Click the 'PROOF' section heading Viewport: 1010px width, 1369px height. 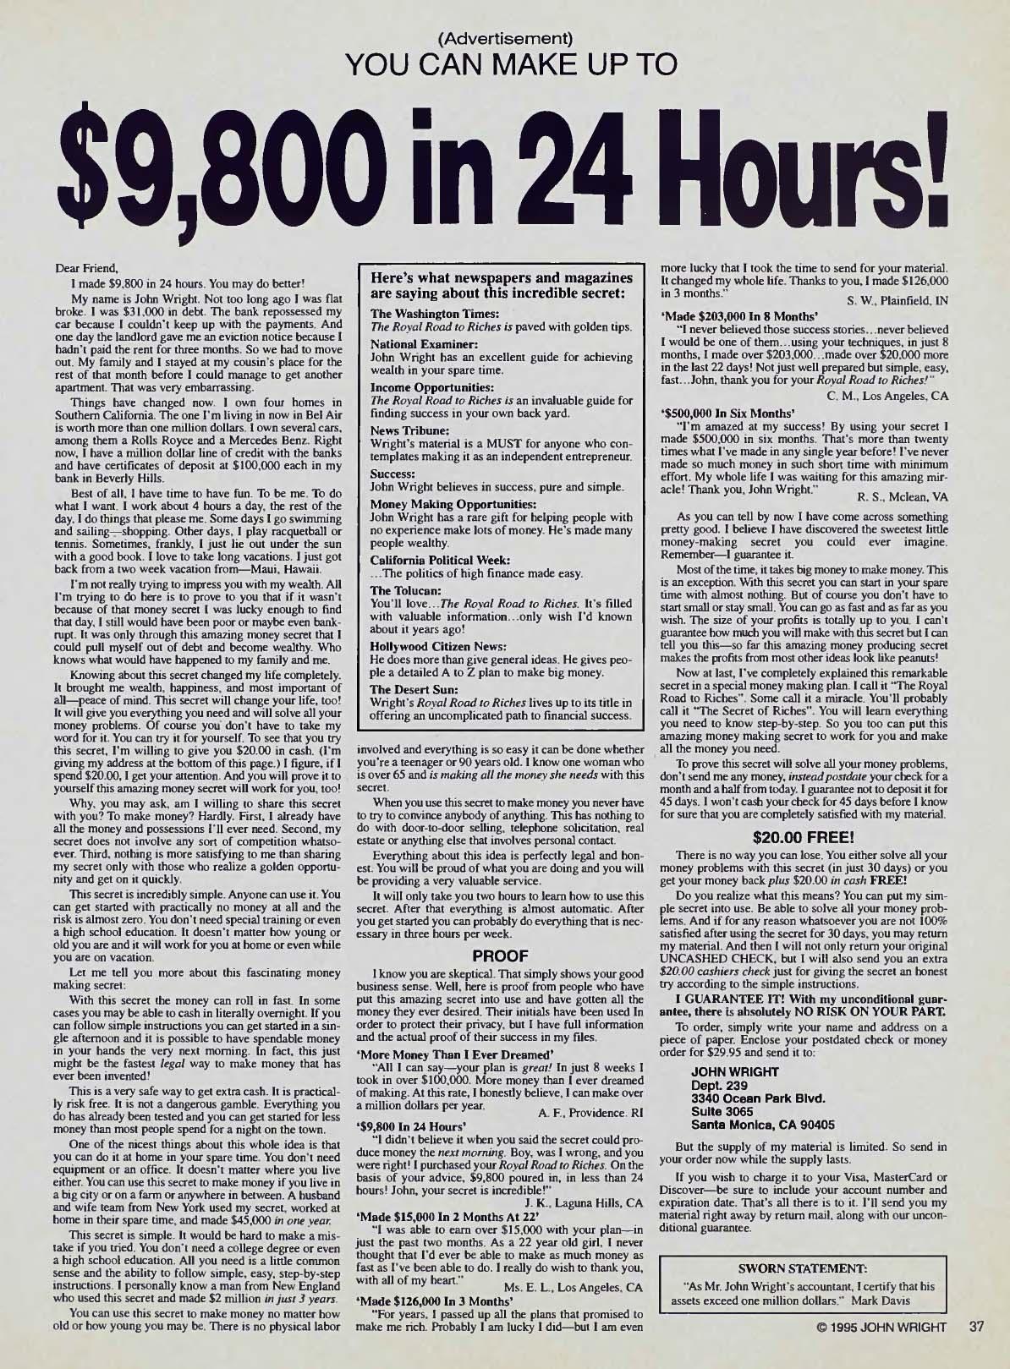(499, 956)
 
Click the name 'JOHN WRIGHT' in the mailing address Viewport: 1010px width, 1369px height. (735, 1072)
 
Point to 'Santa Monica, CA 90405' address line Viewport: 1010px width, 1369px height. (763, 1125)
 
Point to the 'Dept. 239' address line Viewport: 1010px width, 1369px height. (717, 1086)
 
